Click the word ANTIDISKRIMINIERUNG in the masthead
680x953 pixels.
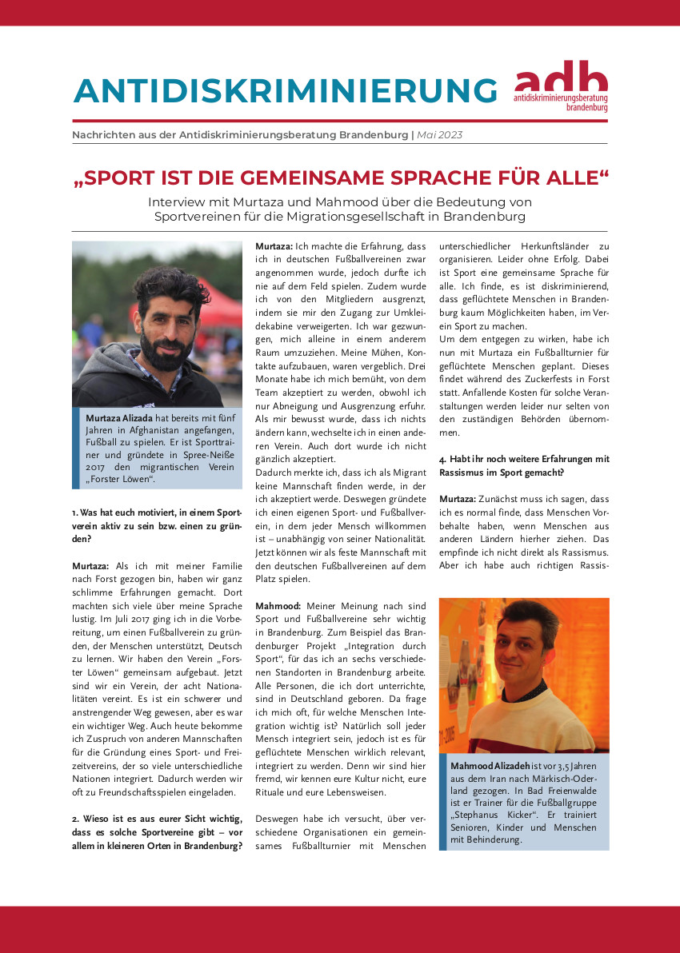285,90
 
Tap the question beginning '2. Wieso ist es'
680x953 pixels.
156,824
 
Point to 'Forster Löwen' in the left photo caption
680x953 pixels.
122,479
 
